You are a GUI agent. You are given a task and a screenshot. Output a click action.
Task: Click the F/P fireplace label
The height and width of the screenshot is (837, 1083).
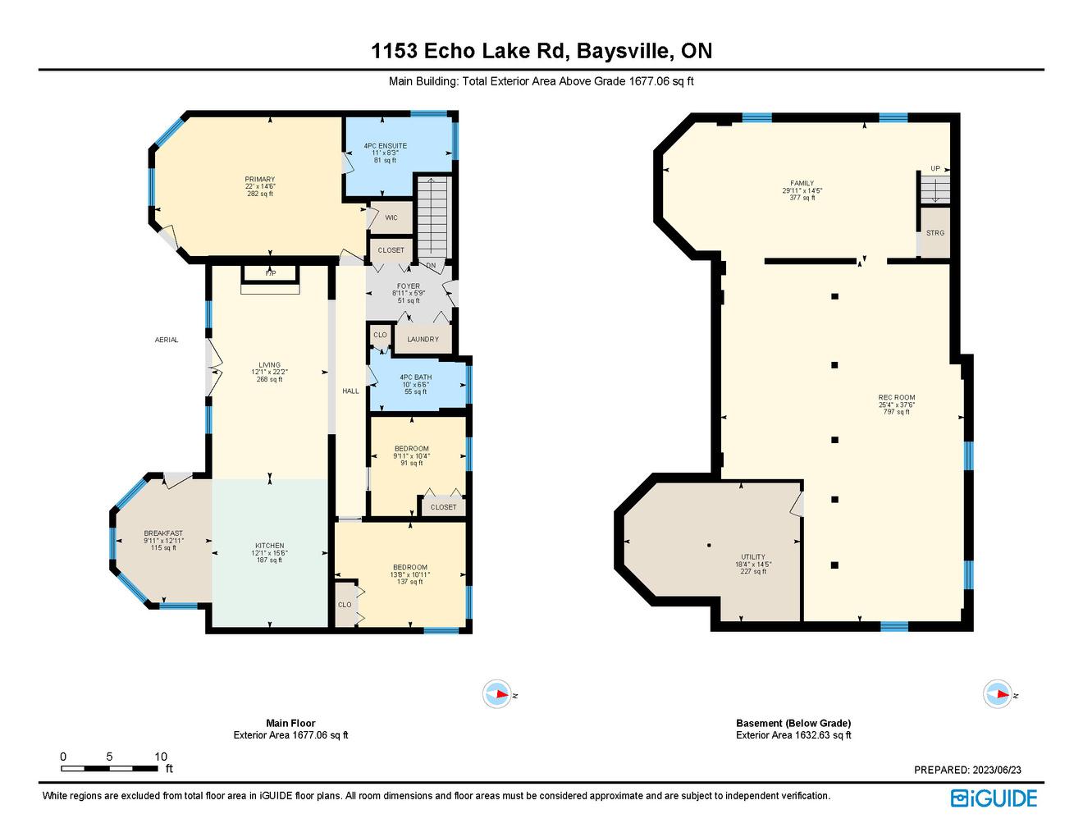(x=270, y=274)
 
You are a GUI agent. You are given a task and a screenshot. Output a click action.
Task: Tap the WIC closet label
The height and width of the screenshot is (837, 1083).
(x=391, y=217)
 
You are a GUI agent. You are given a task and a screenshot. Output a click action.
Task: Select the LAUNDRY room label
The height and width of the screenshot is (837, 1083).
(x=423, y=339)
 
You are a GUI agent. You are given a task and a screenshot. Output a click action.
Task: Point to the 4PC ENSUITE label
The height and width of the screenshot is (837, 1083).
(x=386, y=145)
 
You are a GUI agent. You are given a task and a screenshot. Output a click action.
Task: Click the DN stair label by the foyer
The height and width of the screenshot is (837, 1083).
(x=431, y=265)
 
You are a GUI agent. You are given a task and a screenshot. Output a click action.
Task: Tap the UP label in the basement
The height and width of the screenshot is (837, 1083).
(x=935, y=168)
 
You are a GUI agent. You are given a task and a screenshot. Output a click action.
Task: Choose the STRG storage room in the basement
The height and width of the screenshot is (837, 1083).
(x=935, y=233)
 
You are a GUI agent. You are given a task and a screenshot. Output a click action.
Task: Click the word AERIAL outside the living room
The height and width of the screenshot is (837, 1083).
(x=167, y=340)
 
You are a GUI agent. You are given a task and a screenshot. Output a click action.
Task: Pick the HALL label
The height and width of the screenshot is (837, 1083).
(x=350, y=391)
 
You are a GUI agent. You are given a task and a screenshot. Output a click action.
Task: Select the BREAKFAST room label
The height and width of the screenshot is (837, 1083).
(x=163, y=533)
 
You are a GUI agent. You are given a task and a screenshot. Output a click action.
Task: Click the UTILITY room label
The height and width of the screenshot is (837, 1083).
(x=753, y=556)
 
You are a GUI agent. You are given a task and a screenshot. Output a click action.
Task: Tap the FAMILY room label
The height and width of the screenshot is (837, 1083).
(x=802, y=183)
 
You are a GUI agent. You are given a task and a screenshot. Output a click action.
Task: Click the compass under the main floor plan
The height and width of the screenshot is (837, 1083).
(x=497, y=694)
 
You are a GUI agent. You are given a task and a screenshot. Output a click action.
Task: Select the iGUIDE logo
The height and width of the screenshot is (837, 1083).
(x=994, y=798)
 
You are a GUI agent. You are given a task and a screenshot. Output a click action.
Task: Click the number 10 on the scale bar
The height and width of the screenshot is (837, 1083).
(x=161, y=757)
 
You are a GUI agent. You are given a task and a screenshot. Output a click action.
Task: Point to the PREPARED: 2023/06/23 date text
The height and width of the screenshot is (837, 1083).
(x=967, y=770)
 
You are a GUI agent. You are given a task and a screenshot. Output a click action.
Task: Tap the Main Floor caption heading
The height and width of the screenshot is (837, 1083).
(x=290, y=723)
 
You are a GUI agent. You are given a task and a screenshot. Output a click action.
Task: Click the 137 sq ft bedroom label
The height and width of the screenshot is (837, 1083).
(x=409, y=581)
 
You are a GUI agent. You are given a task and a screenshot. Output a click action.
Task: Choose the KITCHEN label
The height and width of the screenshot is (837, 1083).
(x=270, y=546)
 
